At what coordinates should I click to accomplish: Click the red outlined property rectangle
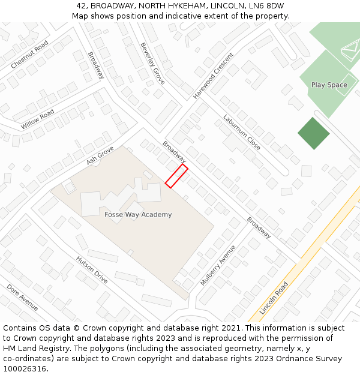(x=176, y=176)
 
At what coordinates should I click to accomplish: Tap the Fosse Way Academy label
(x=138, y=214)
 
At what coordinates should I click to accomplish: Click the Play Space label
(x=329, y=85)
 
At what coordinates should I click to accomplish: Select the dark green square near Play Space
(x=314, y=133)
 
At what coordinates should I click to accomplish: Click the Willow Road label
(x=37, y=119)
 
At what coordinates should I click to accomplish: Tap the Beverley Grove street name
(x=152, y=63)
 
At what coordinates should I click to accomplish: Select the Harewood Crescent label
(x=213, y=76)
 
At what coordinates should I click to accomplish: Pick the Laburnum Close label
(x=242, y=132)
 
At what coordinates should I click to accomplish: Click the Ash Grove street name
(x=100, y=155)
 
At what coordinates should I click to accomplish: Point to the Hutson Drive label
(x=92, y=269)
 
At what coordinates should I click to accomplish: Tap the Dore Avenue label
(x=22, y=298)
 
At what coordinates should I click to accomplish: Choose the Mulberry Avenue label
(x=218, y=265)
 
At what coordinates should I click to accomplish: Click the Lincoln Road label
(x=274, y=298)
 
